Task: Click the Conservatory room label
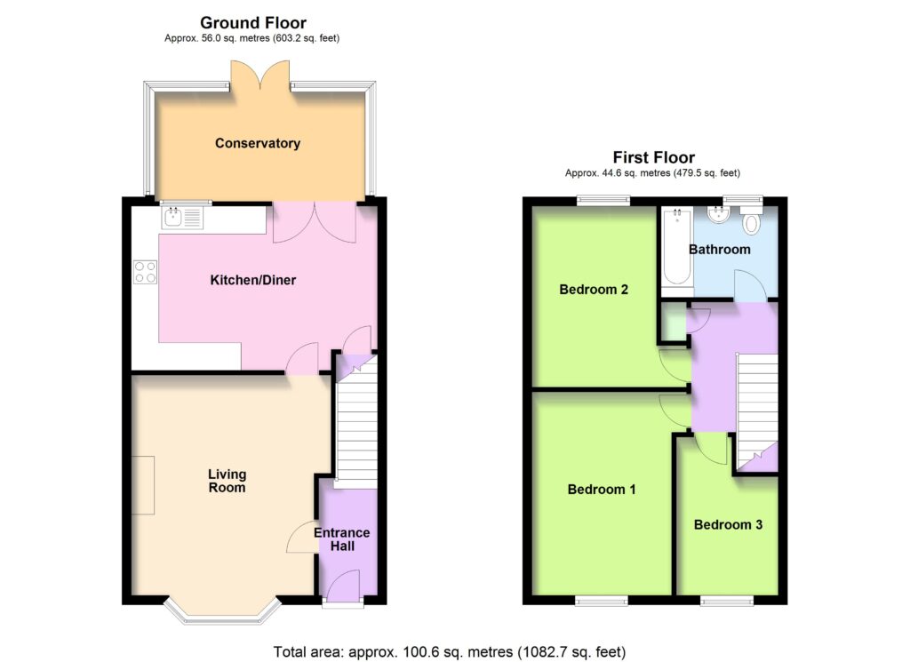(x=258, y=143)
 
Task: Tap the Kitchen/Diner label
(x=253, y=280)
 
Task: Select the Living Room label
(x=227, y=481)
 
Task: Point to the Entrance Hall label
(x=342, y=539)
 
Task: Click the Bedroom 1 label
(x=602, y=489)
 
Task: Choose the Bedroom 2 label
(x=594, y=289)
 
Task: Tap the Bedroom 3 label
(x=728, y=524)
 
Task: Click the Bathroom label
(x=720, y=250)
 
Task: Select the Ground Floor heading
(x=253, y=22)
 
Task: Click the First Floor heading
(x=653, y=157)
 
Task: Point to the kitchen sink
(x=182, y=219)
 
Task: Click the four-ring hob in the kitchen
(x=145, y=272)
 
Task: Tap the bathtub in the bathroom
(x=677, y=246)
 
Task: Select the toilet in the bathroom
(x=751, y=219)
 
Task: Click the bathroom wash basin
(x=718, y=214)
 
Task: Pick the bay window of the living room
(x=222, y=610)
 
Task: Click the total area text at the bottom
(x=450, y=652)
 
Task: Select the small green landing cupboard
(x=674, y=322)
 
